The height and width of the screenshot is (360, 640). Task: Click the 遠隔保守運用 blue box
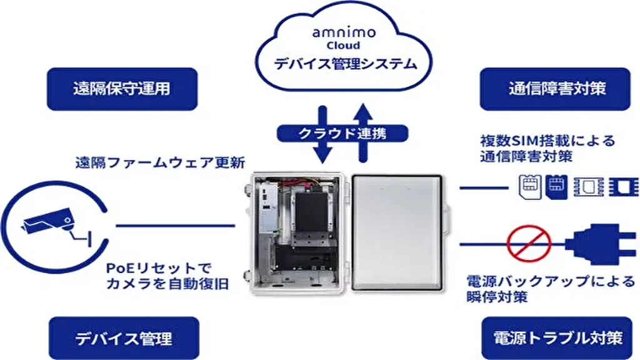pos(122,89)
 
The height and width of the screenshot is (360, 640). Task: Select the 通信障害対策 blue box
pos(555,89)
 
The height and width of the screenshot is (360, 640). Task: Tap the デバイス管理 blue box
pos(122,339)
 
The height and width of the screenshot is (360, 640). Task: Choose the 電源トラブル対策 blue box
pos(558,339)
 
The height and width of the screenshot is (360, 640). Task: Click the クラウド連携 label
pos(343,133)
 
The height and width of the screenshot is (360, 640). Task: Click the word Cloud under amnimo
pos(343,46)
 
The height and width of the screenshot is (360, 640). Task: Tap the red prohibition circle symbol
pos(529,243)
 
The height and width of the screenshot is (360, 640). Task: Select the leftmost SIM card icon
pos(529,186)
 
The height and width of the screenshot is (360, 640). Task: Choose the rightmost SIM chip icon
pos(623,186)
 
